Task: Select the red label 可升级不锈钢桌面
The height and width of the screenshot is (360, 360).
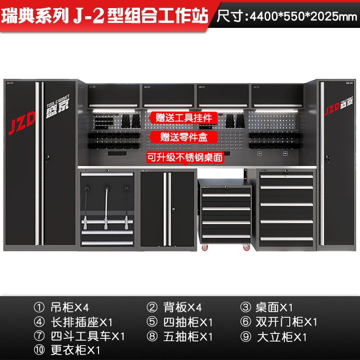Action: tap(184, 157)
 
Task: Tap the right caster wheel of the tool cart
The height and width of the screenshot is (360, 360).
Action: tap(246, 247)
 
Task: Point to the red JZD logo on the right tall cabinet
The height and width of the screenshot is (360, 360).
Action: tap(332, 108)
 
